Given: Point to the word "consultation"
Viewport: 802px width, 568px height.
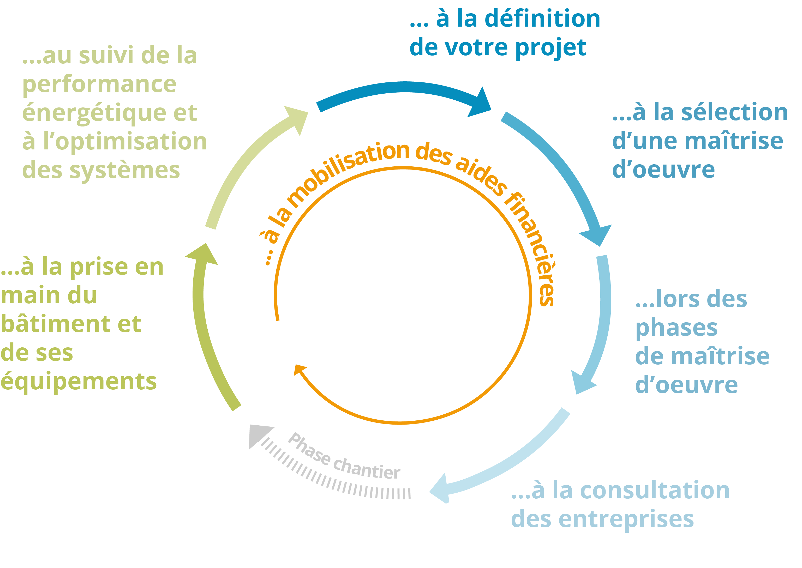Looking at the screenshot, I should [x=655, y=490].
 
